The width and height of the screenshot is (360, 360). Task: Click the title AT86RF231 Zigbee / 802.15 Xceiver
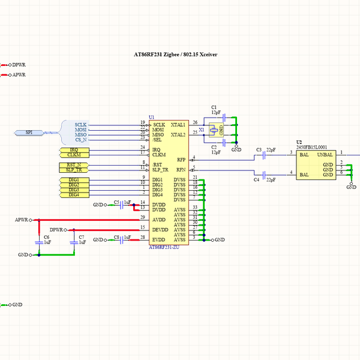(175, 55)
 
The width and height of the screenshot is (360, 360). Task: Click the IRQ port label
(74, 149)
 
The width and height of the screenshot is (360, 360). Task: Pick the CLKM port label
(74, 155)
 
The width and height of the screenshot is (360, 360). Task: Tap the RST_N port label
(74, 164)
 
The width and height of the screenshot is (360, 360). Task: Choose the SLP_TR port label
(74, 170)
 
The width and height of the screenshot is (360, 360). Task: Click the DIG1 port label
(74, 180)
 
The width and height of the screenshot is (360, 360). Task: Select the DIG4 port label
(74, 194)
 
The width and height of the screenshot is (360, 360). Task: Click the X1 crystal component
(213, 130)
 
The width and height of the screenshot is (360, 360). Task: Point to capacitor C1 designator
(214, 107)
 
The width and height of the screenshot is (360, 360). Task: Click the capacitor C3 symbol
(264, 155)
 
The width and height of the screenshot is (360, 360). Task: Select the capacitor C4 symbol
(264, 175)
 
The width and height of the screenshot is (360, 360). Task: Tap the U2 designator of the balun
(299, 142)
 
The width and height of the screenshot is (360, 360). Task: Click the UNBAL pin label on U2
(325, 154)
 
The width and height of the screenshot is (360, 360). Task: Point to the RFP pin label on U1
(181, 160)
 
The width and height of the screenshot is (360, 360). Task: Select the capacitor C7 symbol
(74, 242)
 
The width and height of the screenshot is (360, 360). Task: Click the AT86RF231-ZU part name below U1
(164, 247)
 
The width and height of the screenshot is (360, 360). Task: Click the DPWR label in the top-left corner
(19, 64)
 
